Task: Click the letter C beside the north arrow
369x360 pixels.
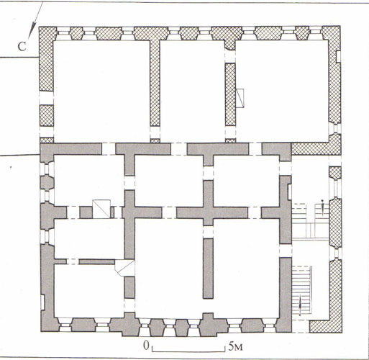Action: [x=22, y=47]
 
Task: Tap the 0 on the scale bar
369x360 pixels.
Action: [x=146, y=346]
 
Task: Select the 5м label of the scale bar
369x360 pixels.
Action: [x=236, y=346]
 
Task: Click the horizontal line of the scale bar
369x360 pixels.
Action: [x=188, y=351]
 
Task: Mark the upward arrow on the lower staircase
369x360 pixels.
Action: [x=300, y=305]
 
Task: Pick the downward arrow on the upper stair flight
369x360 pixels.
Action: [x=323, y=207]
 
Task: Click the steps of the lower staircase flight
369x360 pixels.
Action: [x=301, y=291]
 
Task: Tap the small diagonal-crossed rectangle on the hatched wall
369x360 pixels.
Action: [x=240, y=98]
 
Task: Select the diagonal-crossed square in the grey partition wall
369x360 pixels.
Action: [x=101, y=209]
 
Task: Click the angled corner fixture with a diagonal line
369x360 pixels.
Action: [x=124, y=268]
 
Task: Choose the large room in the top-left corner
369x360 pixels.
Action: [x=101, y=91]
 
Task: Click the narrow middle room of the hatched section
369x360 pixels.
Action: [x=192, y=91]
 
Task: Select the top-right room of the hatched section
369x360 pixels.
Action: [x=282, y=91]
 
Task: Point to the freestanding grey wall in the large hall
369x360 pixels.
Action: [x=208, y=269]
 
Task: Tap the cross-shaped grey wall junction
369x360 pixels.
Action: [x=208, y=212]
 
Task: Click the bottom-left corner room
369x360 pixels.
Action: [x=89, y=290]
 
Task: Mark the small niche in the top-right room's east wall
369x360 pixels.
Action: [x=338, y=57]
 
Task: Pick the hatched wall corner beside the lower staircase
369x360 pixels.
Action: [x=326, y=326]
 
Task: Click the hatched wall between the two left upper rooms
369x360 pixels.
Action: [x=155, y=83]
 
